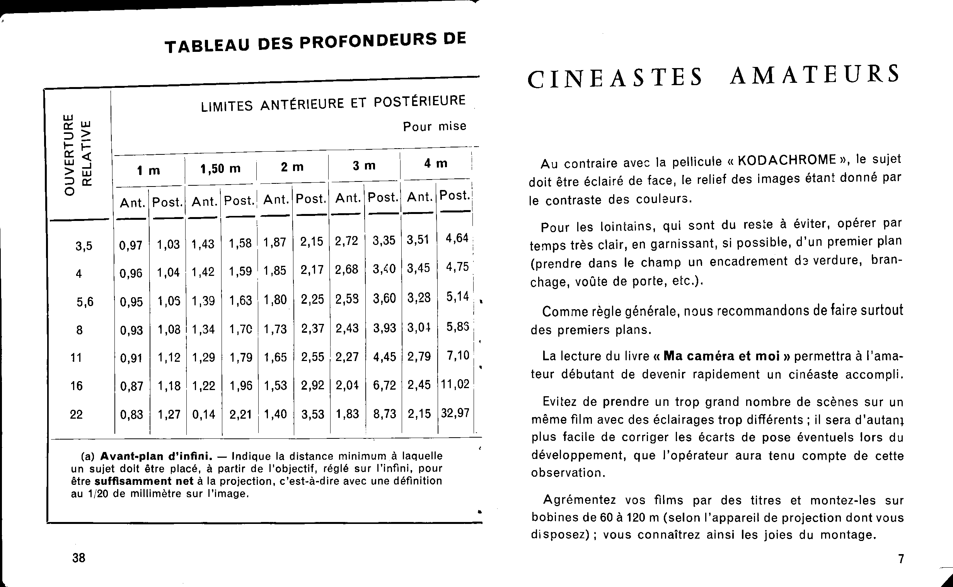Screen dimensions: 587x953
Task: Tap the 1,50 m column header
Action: pos(220,169)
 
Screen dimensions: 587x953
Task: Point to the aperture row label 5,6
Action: pos(85,302)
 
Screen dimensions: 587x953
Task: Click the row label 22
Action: pos(77,415)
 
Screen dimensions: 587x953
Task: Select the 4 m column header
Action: pos(436,164)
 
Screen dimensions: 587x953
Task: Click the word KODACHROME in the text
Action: pos(787,160)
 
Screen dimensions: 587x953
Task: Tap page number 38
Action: pos(78,558)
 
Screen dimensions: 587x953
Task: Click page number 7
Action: pos(901,559)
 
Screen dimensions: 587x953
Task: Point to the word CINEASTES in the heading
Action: pos(615,78)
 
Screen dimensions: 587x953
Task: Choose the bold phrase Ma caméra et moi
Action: pos(721,356)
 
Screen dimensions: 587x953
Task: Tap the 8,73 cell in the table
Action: pos(384,414)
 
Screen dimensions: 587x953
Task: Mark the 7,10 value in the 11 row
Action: pos(458,355)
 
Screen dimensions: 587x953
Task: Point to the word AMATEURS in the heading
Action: pos(814,75)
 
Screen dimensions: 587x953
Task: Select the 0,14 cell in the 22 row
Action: pos(204,415)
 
